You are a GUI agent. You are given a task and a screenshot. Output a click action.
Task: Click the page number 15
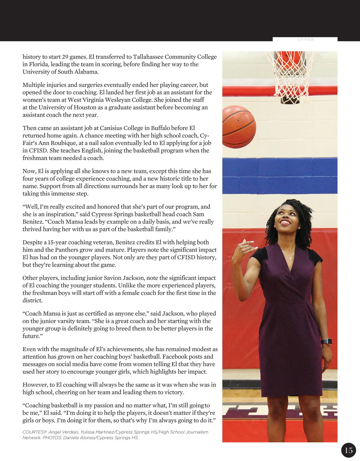pos(349,450)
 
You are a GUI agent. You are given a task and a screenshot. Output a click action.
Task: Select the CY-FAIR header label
pos(305,40)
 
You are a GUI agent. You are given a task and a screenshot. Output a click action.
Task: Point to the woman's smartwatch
pos(326,341)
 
